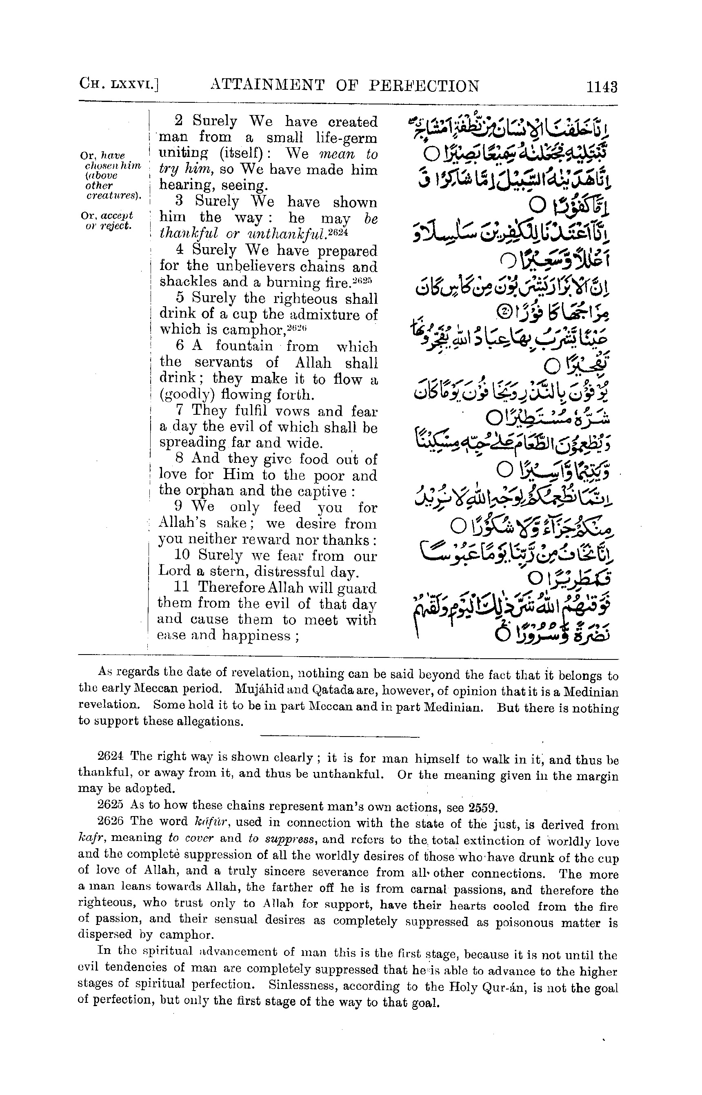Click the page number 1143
click(602, 86)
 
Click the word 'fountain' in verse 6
click(244, 346)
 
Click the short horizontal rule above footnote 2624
click(340, 736)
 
